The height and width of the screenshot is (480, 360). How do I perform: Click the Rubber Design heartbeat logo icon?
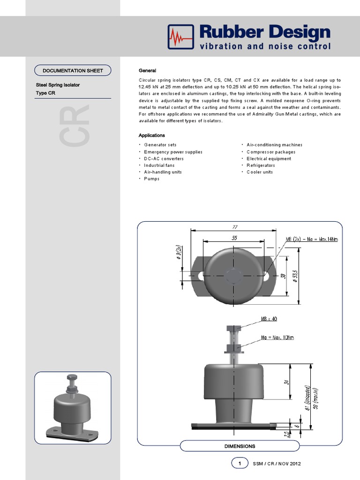point(180,37)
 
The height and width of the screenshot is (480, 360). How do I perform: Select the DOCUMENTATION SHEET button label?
point(73,71)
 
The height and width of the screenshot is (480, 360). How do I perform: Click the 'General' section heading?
point(147,70)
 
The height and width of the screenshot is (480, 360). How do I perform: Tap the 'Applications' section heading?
point(151,135)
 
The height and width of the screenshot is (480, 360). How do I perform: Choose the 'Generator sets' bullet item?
point(160,145)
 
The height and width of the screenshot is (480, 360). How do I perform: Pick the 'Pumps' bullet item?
point(151,179)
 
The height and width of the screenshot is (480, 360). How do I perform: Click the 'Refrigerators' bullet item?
point(261,165)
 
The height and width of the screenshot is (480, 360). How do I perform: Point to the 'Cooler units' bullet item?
point(260,172)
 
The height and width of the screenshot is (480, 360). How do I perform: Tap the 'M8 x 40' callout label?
point(269,319)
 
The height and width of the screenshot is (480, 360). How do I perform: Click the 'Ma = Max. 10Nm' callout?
point(277,337)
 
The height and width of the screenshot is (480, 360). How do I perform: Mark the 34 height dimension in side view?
point(285,382)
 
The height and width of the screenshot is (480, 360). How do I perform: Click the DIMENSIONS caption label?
point(240,446)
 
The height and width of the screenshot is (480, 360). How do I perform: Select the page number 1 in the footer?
point(240,464)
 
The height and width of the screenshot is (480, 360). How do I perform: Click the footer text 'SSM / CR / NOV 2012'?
point(277,464)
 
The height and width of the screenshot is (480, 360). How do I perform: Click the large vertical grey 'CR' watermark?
point(75,126)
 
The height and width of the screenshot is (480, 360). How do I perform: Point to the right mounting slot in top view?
point(266,277)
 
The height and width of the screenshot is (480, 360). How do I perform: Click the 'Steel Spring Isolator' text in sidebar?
point(58,85)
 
